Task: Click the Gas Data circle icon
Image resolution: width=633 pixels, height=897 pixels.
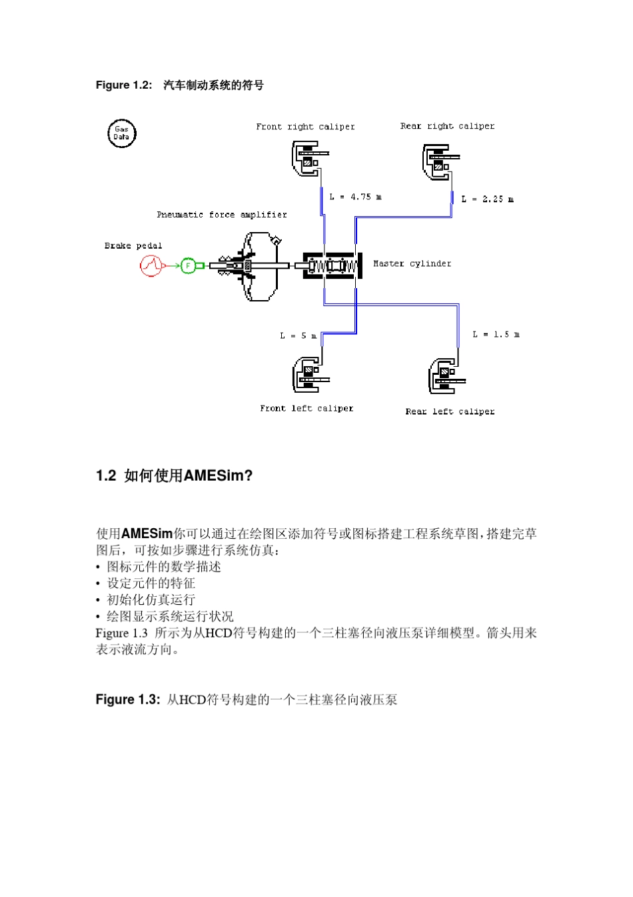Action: tap(121, 133)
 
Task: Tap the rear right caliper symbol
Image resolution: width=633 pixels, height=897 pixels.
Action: tap(438, 162)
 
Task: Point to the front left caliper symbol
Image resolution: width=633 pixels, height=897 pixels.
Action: tap(308, 374)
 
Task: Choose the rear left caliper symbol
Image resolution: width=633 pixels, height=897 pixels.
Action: tap(444, 376)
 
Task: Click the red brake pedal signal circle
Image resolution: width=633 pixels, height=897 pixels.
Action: tap(150, 266)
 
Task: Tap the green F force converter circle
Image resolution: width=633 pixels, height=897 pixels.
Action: tap(188, 266)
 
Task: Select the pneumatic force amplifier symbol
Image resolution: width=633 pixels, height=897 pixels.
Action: tap(253, 266)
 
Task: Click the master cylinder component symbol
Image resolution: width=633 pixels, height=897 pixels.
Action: tap(332, 265)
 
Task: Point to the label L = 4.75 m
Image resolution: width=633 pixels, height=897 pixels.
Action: tap(356, 197)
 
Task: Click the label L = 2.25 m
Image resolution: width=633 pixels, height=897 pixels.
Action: tap(487, 199)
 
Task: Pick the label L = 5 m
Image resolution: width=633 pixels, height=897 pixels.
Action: tap(298, 335)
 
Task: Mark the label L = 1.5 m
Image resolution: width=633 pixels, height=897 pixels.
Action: tap(496, 334)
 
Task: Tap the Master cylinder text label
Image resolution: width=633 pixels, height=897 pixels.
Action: tap(412, 263)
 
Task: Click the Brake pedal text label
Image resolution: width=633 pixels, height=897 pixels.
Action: tap(133, 245)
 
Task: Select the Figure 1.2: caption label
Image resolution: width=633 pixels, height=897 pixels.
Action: tap(124, 85)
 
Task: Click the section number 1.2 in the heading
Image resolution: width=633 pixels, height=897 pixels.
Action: tap(106, 476)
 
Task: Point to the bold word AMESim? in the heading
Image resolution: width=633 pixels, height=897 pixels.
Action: tap(218, 476)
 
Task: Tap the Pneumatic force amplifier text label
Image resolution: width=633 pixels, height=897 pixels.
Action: tap(222, 215)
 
